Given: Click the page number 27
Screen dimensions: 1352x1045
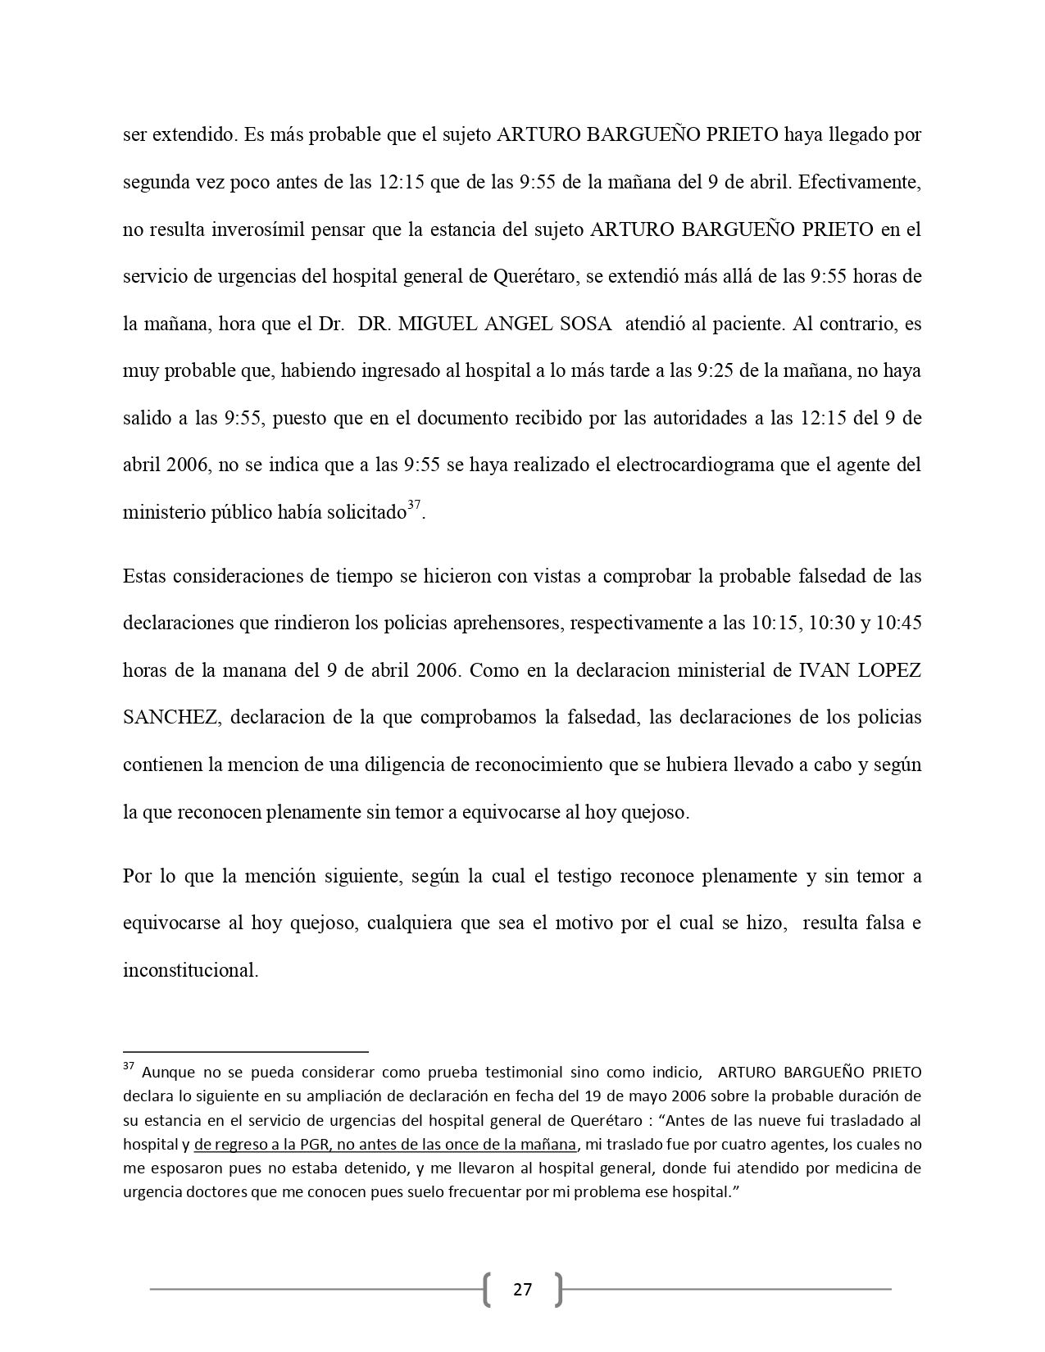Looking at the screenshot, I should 522,1291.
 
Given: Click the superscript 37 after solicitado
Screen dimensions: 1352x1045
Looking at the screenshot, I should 414,507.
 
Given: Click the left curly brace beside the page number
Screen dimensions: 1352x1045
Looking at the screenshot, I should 488,1291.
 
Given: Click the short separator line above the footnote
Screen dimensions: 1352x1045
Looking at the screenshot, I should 246,1050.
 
